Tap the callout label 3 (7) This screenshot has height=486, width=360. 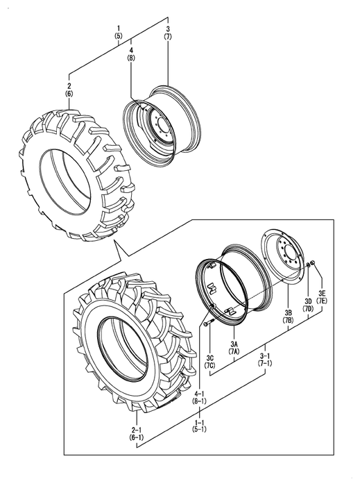pos(168,33)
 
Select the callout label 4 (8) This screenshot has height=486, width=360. pos(131,53)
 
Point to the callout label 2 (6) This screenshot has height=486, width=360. pos(69,90)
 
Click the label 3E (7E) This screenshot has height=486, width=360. pos(322,296)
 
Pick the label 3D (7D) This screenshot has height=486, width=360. pos(308,304)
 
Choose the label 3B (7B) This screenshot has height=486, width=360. pos(288,317)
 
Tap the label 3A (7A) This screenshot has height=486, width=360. pos(234,347)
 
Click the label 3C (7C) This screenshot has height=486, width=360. pos(210,362)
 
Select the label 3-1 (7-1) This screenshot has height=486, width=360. pos(266,359)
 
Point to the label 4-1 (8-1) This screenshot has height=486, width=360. pos(200,397)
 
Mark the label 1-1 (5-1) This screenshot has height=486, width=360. pos(200,426)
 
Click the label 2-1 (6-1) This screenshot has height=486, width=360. pos(137,434)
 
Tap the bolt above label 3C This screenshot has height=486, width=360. pos(208,322)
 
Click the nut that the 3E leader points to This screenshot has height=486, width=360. pos(313,263)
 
